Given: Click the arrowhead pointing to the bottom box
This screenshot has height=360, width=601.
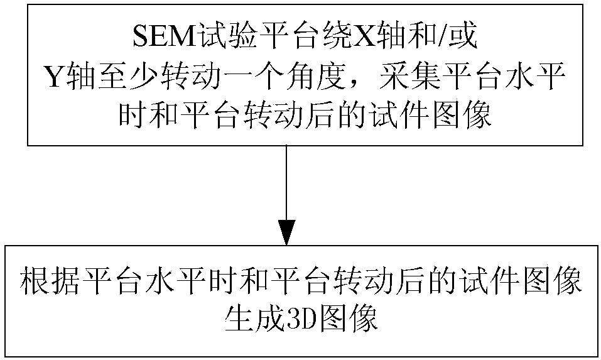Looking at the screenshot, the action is click(x=286, y=233).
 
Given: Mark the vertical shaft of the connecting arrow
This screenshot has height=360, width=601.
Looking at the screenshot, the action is click(x=286, y=182).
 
